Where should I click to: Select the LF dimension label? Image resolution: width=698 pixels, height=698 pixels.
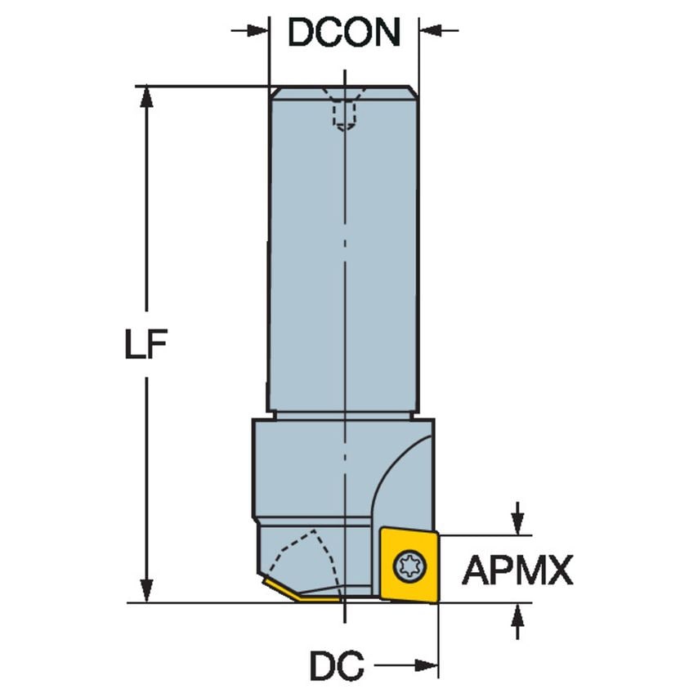point(145,347)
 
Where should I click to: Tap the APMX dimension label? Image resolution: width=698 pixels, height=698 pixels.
point(517,570)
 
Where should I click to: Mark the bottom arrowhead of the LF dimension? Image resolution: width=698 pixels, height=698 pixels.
point(146,591)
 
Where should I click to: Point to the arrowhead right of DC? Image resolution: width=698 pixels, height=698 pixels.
point(428,666)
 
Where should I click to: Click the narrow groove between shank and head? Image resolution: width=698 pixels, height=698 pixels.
point(343,415)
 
